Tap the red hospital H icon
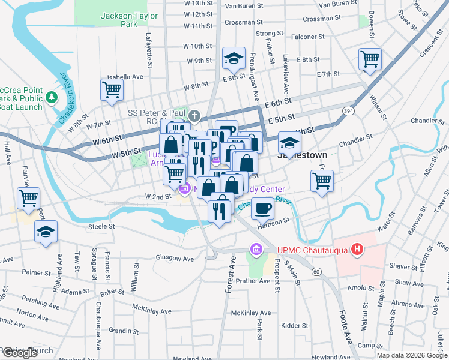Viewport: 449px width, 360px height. point(358,249)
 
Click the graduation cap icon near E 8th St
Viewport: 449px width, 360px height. point(234,58)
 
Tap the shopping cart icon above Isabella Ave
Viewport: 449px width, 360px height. point(112,90)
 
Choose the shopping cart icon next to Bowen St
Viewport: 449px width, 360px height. point(370,59)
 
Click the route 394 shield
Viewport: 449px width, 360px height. point(348,111)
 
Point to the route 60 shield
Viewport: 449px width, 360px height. point(315,271)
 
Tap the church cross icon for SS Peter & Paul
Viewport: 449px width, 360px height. point(194,115)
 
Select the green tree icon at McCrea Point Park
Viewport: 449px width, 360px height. point(52,97)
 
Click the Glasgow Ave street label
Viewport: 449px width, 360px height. point(175,259)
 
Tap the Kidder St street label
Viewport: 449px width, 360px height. point(295,326)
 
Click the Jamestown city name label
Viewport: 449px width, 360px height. point(302,155)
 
